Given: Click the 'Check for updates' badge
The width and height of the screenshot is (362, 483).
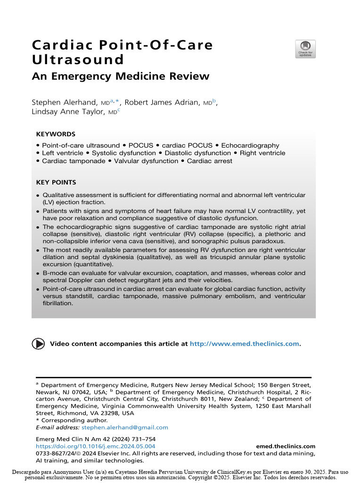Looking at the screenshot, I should pos(305,49).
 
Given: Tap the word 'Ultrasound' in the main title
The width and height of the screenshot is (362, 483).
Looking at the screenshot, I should pos(78,60).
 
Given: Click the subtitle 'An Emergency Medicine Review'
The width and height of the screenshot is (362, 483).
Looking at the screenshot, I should pos(120,76).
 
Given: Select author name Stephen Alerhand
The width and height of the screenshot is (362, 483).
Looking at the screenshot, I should pos(64,102).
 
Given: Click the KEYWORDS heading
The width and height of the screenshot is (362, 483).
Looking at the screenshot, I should pos(56,134).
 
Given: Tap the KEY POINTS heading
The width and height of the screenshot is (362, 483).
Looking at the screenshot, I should pos(56,183).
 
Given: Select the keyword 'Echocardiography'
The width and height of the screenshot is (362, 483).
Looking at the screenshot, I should pos(253,146).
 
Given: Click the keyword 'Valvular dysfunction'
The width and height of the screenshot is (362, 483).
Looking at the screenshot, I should pos(143,161).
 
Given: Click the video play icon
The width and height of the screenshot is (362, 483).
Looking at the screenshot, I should pos(38,343).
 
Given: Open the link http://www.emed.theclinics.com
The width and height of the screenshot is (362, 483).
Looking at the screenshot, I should pos(244,344).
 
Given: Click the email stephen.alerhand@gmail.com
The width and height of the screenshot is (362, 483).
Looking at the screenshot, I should pos(125,427).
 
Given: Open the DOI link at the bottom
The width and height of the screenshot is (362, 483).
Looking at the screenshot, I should pos(96,446).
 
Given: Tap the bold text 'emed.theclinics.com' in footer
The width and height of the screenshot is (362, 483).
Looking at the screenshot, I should pos(286,446).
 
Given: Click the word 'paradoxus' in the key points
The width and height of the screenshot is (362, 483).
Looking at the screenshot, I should pos(289,241).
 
